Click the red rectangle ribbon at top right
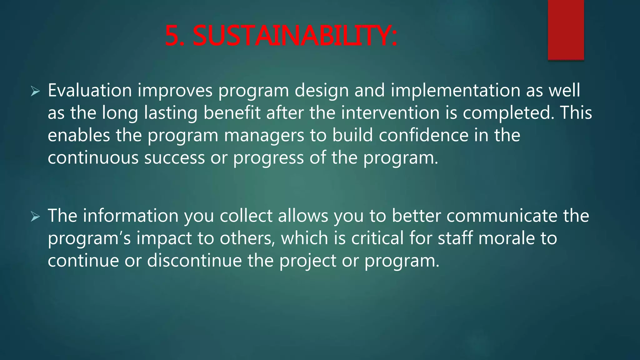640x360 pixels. pyautogui.click(x=566, y=29)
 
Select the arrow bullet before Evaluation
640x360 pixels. pyautogui.click(x=35, y=92)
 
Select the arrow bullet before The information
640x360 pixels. pyautogui.click(x=35, y=217)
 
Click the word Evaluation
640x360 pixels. pyautogui.click(x=90, y=91)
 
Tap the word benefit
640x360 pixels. pyautogui.click(x=232, y=113)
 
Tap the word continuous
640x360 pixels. pyautogui.click(x=93, y=158)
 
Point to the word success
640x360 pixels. pyautogui.click(x=174, y=158)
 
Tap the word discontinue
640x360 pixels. pyautogui.click(x=194, y=261)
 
